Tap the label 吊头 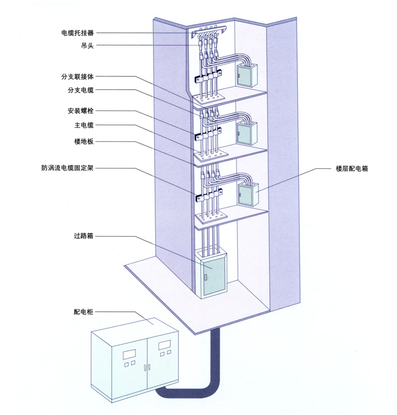pyautogui.click(x=86, y=45)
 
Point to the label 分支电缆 pyautogui.click(x=81, y=90)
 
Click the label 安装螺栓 pyautogui.click(x=81, y=111)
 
